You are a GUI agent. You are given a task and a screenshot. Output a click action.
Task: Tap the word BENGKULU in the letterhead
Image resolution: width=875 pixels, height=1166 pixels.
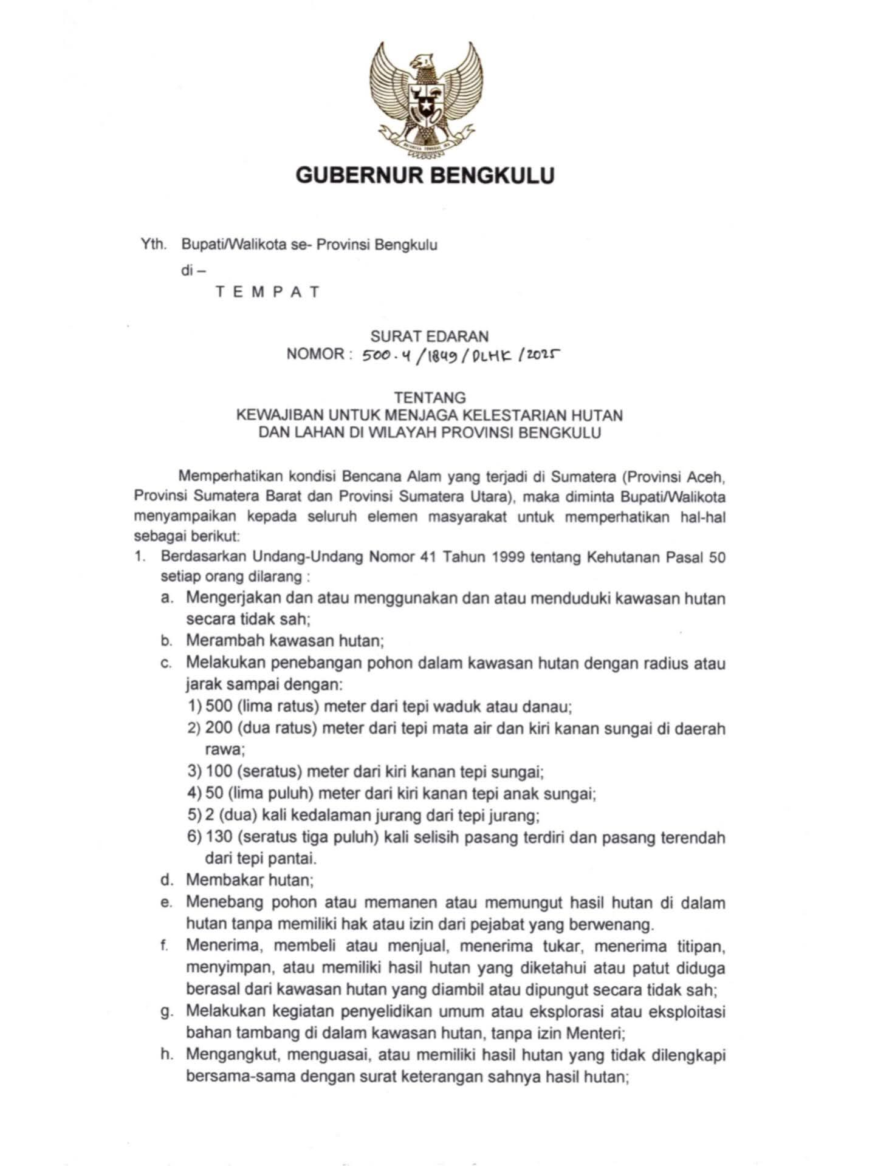click(494, 176)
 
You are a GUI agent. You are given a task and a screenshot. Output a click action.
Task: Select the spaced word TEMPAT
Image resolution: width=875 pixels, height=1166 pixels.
click(267, 291)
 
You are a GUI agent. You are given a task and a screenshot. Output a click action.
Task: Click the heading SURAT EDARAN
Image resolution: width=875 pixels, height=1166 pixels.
click(430, 336)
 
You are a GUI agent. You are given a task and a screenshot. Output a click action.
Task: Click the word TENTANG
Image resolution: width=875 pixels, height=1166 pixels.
click(430, 398)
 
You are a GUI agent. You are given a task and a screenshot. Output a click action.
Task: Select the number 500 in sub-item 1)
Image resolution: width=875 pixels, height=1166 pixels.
click(219, 706)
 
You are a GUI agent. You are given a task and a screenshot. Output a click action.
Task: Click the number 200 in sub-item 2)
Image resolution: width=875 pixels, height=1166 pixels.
click(219, 728)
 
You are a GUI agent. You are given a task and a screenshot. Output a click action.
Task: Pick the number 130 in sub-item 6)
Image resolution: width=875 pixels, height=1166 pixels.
click(219, 837)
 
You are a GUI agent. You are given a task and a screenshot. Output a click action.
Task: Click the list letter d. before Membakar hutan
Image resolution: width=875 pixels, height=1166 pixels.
click(165, 879)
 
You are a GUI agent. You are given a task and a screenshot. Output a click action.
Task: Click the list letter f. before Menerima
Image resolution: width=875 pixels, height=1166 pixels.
click(165, 946)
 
